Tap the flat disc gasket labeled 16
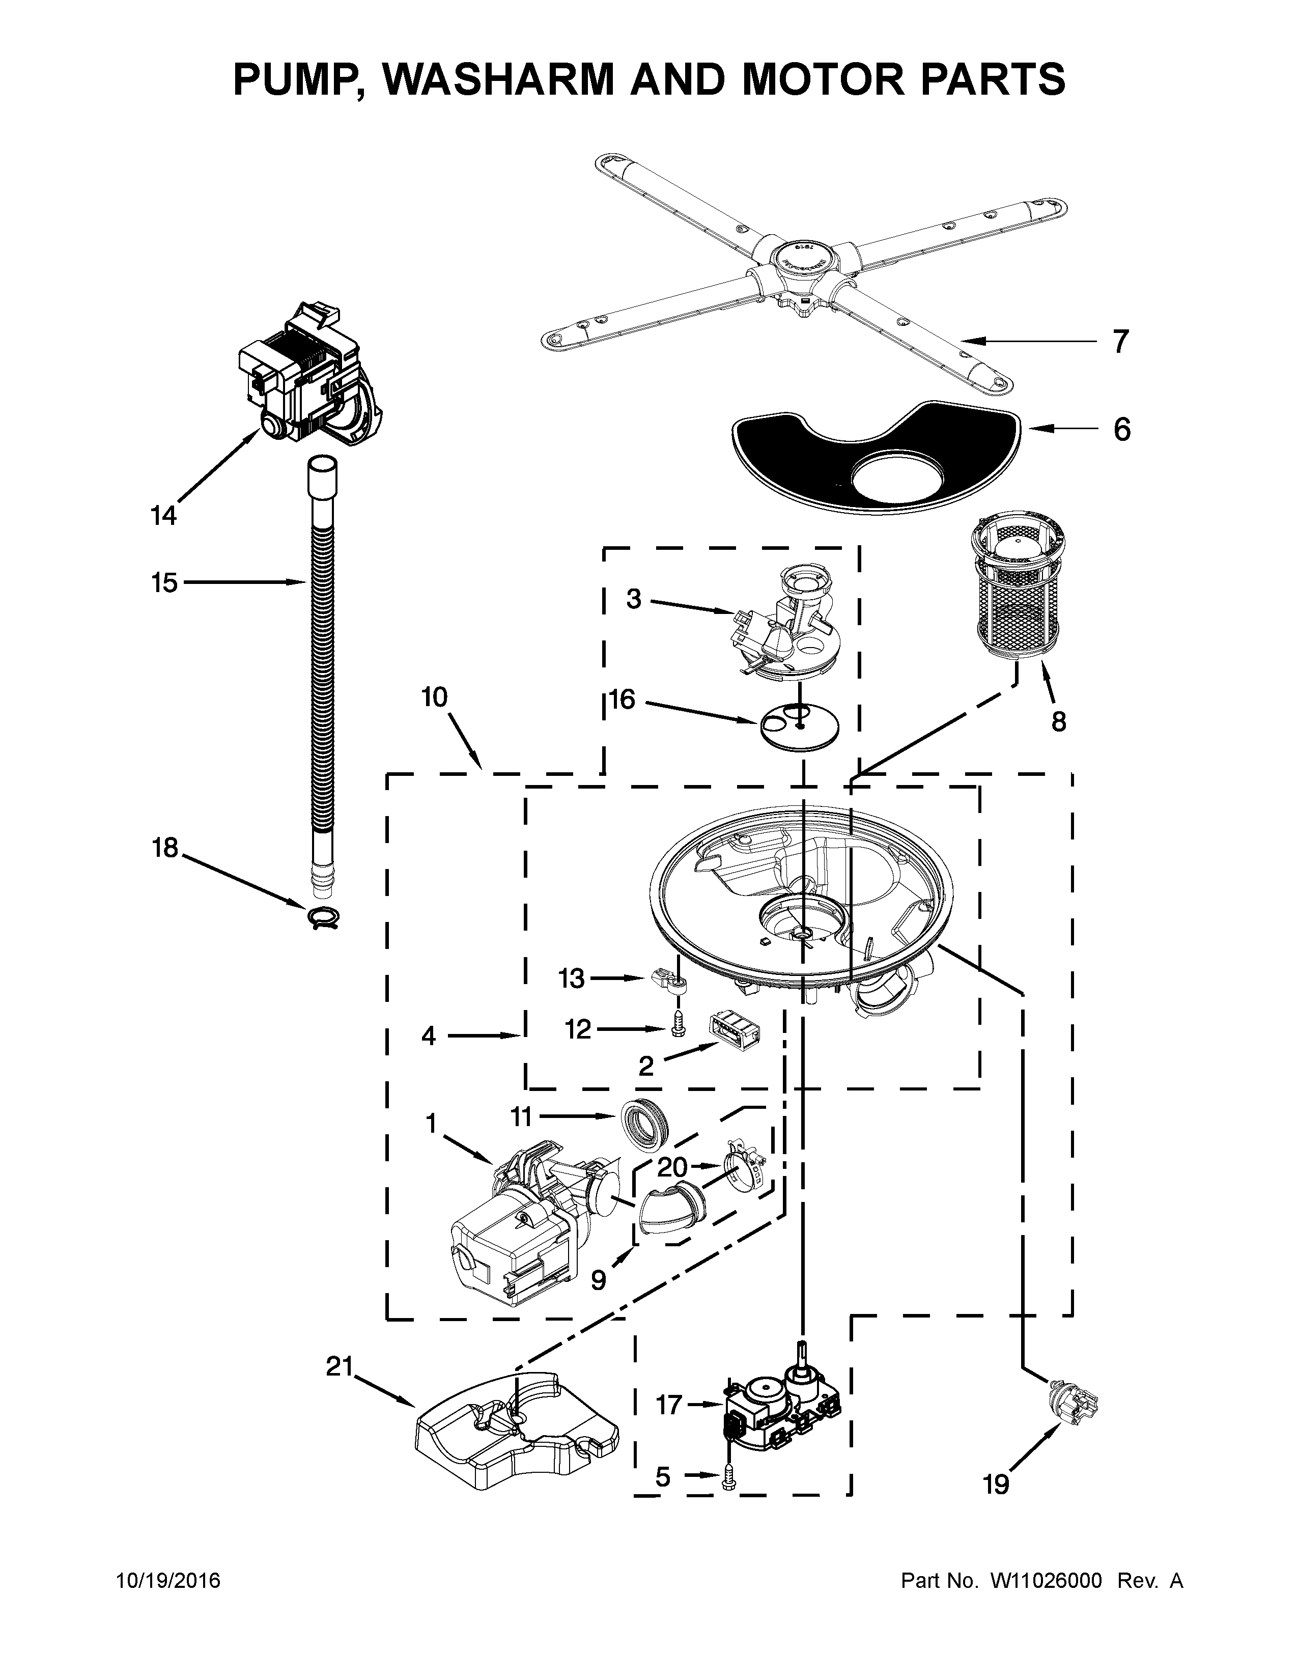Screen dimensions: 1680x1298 click(x=800, y=726)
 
